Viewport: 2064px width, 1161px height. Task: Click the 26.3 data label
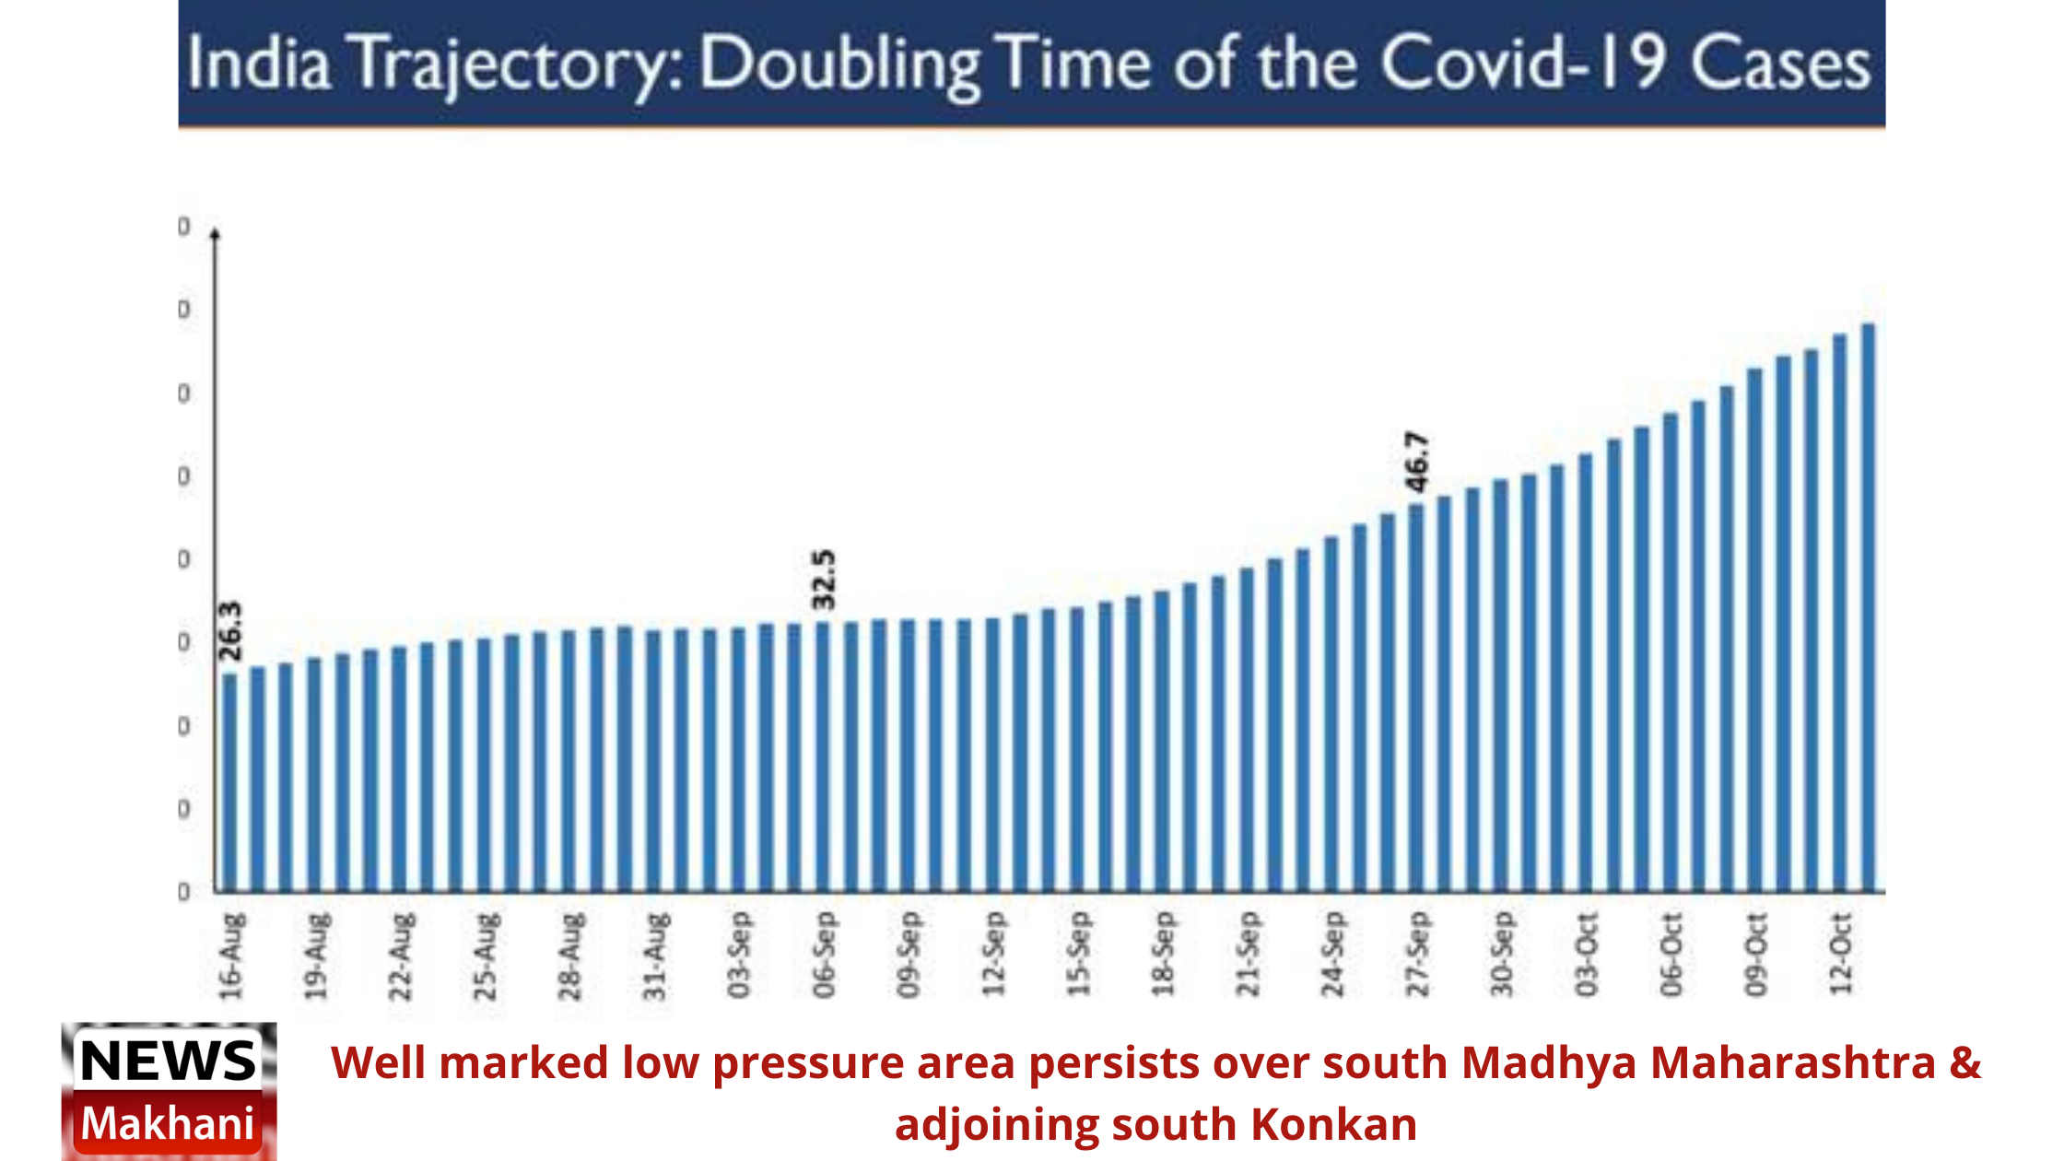231,631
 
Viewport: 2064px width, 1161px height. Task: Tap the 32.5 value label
824,580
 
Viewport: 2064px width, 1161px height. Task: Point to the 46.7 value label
1417,462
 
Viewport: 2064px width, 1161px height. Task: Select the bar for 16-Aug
229,783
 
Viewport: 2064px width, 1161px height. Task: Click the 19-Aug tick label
316,956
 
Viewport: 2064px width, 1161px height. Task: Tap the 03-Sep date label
739,956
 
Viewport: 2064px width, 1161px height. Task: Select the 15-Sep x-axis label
1078,956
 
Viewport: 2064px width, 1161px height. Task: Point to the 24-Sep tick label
1332,956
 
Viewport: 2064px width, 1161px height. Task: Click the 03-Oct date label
1586,956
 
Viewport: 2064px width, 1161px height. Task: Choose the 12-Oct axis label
1840,956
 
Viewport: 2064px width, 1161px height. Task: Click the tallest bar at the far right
1868,608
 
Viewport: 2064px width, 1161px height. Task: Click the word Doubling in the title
838,64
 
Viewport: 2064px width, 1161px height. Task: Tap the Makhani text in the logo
169,1124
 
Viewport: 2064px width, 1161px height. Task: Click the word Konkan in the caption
1333,1125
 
